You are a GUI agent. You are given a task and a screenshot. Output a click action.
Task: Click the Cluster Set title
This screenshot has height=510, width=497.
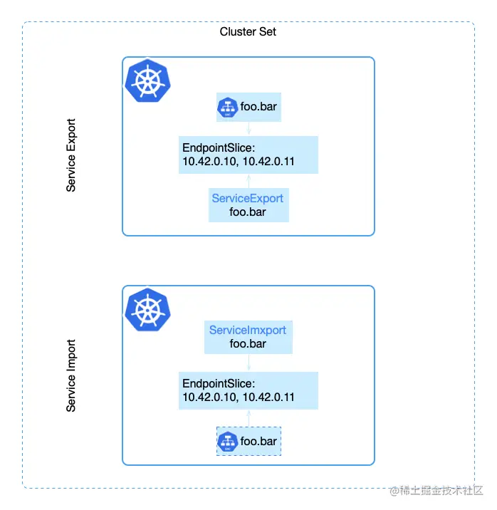(x=248, y=31)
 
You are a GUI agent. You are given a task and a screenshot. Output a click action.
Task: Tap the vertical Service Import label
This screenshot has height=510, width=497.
(x=71, y=375)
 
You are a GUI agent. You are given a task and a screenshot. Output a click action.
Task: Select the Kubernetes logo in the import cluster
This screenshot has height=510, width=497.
(x=148, y=309)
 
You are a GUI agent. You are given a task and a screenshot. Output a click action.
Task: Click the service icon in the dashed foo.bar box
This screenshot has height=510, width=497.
(x=227, y=442)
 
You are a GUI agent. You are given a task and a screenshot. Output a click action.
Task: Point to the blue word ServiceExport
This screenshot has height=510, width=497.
(x=248, y=198)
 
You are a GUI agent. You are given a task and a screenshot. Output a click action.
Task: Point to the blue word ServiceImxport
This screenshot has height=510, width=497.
(x=248, y=331)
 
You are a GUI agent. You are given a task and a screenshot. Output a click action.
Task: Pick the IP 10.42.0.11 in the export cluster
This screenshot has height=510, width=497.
(x=269, y=162)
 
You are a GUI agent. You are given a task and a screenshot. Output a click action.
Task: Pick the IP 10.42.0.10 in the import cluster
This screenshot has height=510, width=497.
(x=210, y=397)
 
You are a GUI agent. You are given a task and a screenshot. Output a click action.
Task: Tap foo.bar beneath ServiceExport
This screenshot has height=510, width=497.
(x=248, y=212)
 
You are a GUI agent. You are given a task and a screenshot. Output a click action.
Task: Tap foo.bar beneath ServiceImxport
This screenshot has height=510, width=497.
(x=248, y=344)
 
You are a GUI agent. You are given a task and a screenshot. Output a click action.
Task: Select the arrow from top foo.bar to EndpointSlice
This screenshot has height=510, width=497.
(x=248, y=128)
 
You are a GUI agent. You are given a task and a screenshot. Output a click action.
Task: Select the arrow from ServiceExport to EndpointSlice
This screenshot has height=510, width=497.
(x=248, y=181)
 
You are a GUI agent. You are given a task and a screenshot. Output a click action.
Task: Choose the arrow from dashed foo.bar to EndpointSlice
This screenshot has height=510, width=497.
(x=248, y=418)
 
